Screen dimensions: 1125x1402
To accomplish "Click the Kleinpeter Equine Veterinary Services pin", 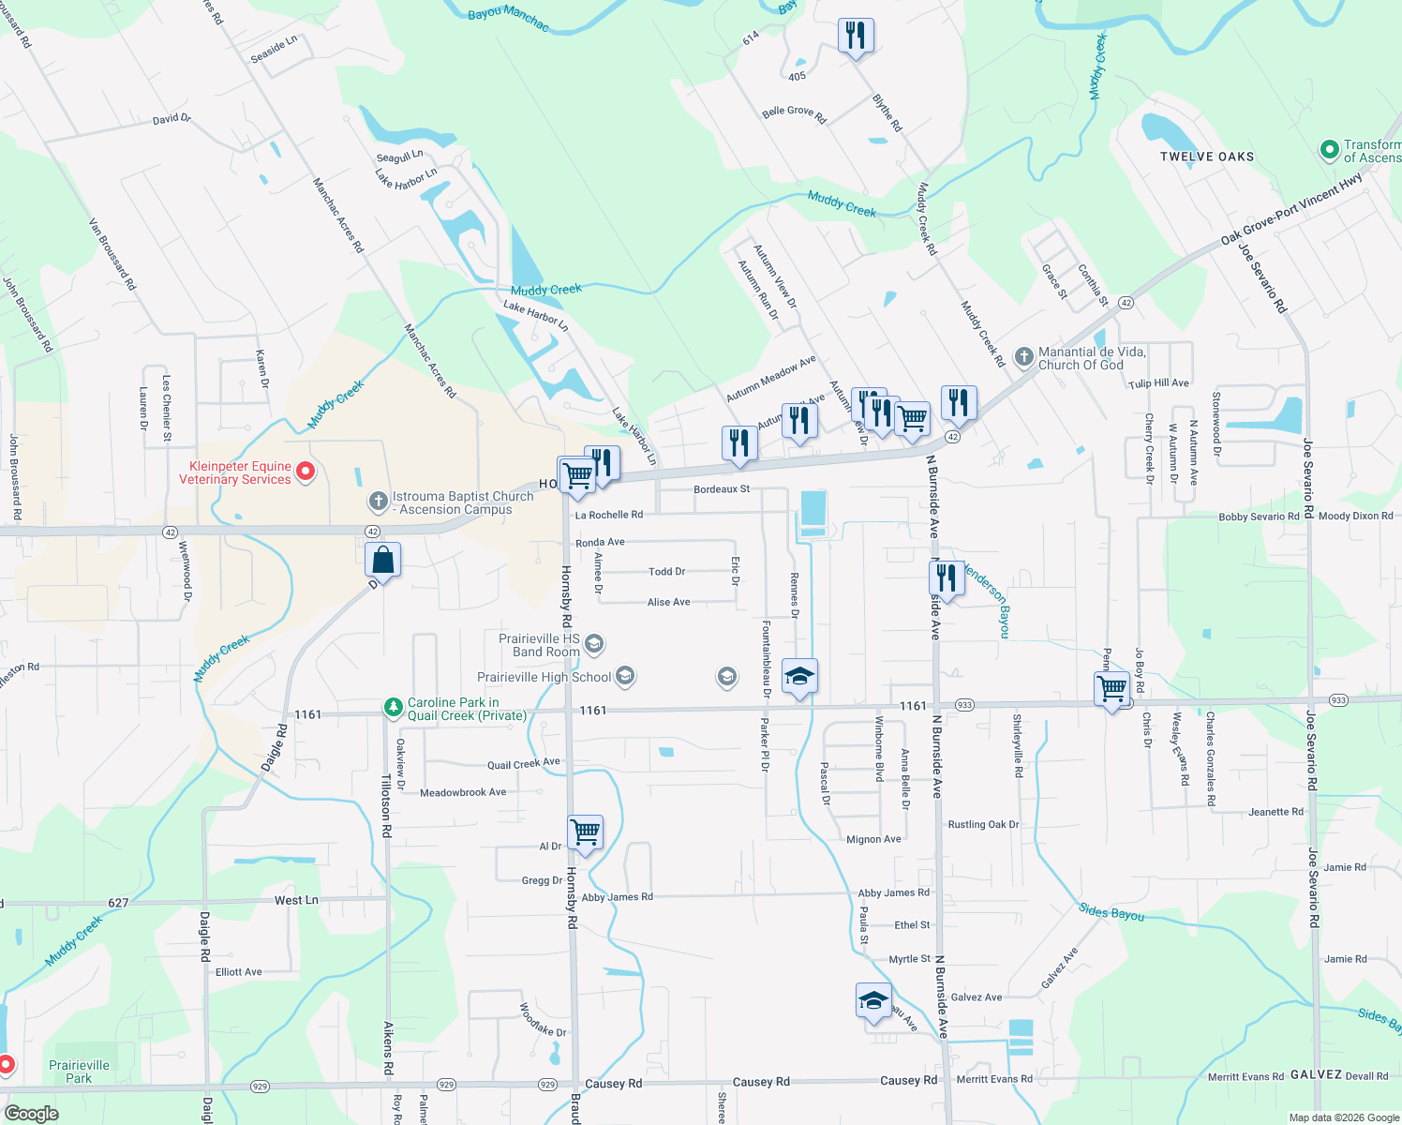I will pos(306,472).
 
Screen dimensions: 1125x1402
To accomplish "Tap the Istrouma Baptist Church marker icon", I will pos(378,502).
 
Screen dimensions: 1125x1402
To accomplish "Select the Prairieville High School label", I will pos(544,677).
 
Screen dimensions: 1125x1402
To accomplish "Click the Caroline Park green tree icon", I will pos(394,708).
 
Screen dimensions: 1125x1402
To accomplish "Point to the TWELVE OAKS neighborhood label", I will pos(1207,157).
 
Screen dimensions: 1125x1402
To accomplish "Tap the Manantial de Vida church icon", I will pos(1024,357).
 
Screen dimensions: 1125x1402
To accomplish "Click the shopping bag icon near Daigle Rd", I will pos(383,561).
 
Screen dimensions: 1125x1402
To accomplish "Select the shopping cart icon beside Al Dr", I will pos(585,832).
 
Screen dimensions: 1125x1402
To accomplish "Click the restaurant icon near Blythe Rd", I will pos(855,36).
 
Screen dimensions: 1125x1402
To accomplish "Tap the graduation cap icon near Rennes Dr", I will pos(798,676).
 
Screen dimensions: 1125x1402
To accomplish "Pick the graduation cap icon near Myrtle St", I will pos(873,1000).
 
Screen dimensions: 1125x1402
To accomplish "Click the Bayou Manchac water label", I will pos(508,16).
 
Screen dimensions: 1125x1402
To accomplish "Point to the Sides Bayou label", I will pos(1111,912).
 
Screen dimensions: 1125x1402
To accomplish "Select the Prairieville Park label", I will pos(79,1072).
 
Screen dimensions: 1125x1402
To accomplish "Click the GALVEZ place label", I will pos(1316,1075).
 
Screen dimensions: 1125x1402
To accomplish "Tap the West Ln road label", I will pos(296,900).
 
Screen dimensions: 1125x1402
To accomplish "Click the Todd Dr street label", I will pos(666,571).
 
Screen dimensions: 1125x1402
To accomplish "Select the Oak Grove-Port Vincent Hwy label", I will pos(1290,209).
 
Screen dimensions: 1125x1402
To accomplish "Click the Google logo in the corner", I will pos(32,1113).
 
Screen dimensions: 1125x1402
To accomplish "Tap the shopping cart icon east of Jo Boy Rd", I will pos(1112,689).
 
